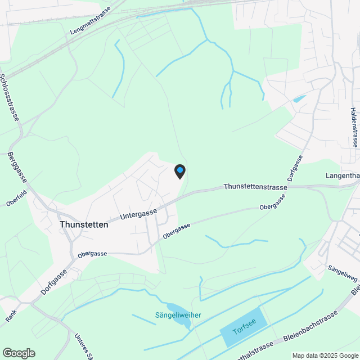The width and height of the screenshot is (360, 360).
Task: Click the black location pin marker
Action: pyautogui.click(x=179, y=171)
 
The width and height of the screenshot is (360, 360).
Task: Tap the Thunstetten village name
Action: pyautogui.click(x=84, y=224)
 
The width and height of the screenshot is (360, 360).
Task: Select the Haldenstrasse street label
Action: pyautogui.click(x=353, y=127)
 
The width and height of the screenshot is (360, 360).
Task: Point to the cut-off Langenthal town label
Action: pyautogui.click(x=343, y=176)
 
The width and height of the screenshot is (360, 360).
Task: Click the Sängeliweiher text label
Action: pyautogui.click(x=178, y=315)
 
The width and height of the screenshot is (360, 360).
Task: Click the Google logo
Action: pyautogui.click(x=18, y=353)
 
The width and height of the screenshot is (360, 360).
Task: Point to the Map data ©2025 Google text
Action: pyautogui.click(x=325, y=355)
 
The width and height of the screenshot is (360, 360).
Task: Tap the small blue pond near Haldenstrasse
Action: pyautogui.click(x=299, y=99)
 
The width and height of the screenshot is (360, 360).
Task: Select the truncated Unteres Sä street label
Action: pyautogui.click(x=82, y=345)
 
